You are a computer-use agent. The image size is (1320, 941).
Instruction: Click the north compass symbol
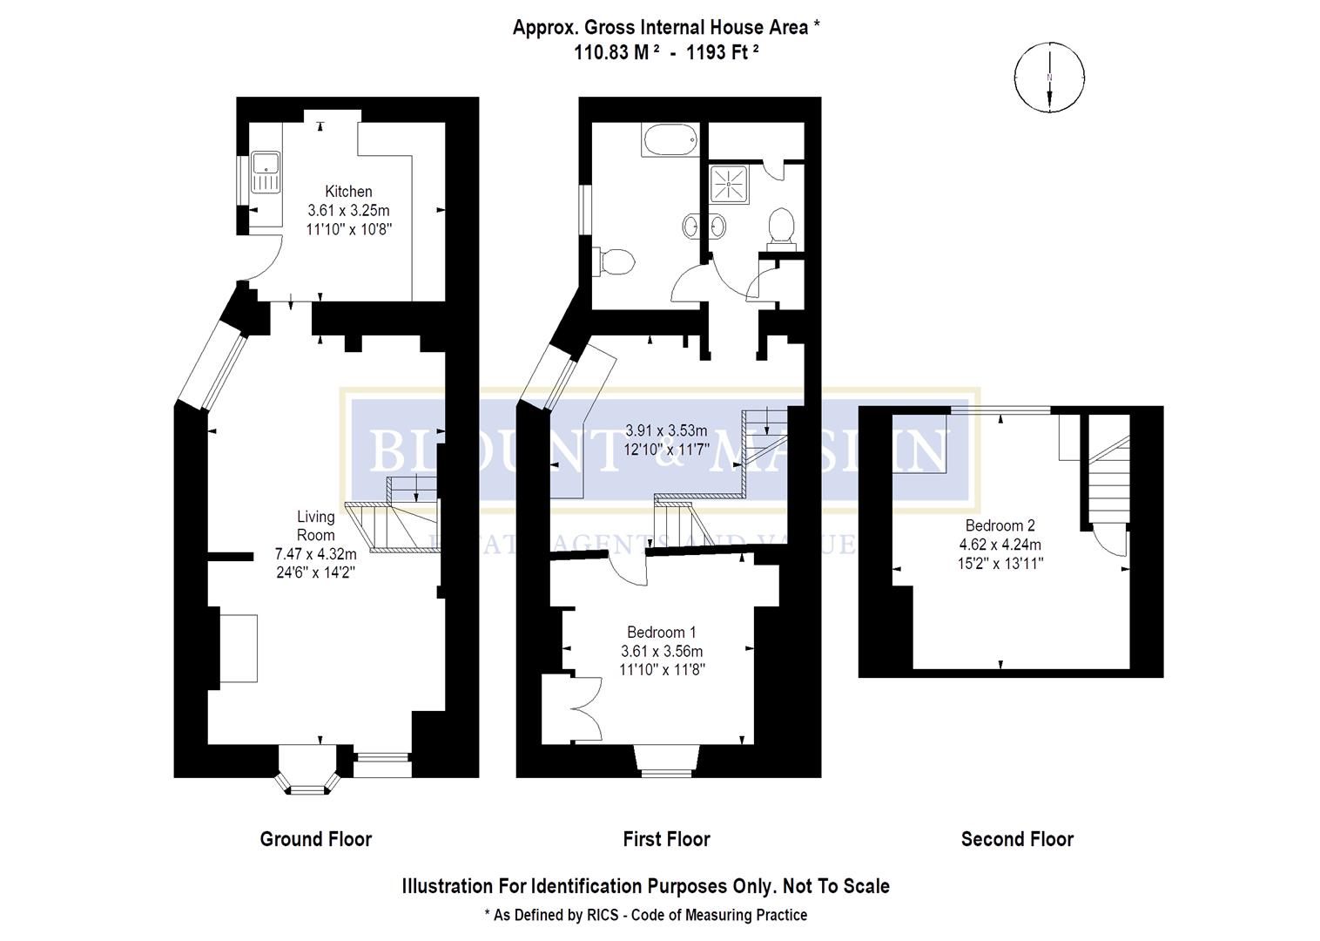tap(1049, 78)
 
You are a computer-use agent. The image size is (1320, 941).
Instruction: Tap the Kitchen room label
tap(348, 192)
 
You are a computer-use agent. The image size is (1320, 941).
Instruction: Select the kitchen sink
tap(264, 172)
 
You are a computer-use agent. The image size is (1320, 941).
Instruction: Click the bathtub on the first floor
tap(669, 139)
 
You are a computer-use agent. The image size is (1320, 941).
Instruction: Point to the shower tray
tap(725, 185)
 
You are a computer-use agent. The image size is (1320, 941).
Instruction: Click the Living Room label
tap(315, 525)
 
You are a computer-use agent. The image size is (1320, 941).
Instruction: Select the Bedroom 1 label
tap(662, 632)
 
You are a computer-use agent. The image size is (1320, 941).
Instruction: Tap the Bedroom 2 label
tap(1000, 525)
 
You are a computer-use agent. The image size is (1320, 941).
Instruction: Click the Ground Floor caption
tap(315, 839)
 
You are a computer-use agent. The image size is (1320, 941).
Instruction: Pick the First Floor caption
tap(666, 839)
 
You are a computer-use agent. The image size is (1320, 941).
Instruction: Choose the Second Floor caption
tap(1017, 839)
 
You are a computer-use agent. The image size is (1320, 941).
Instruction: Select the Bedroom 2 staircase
tap(1108, 479)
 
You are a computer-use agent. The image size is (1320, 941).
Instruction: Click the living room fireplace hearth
tap(238, 648)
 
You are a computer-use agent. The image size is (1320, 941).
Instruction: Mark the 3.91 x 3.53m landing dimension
tap(666, 430)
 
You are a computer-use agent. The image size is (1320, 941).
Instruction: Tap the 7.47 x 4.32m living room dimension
tap(315, 553)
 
